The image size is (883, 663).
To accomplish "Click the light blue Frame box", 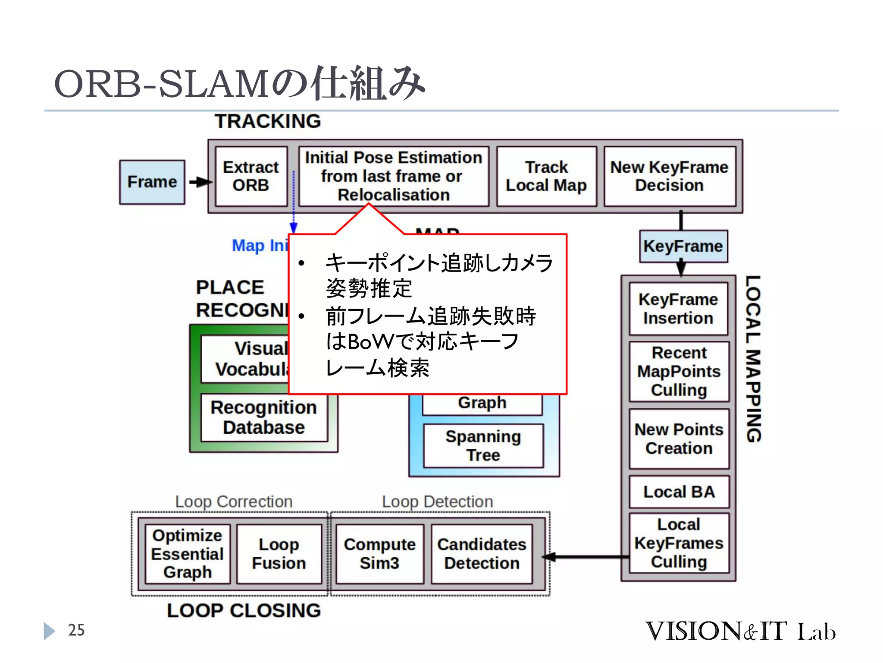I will pos(152,182).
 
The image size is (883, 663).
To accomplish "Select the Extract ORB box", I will pos(251,176).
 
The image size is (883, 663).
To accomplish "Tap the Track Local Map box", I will pos(546,176).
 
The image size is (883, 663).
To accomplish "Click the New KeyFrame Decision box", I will pos(669,176).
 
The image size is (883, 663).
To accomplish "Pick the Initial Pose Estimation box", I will pos(393,176).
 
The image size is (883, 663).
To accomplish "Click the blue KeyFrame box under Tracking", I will pos(683,246).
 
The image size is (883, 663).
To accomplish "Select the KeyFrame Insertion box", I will pos(678,309).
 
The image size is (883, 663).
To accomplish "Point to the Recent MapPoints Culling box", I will pos(679,371).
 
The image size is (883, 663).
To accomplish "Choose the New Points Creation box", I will pos(679,439).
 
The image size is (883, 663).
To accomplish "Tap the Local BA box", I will pos(679,492).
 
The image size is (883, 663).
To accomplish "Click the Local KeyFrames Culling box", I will pos(679,543).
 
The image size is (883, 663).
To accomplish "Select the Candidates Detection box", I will pos(482,554).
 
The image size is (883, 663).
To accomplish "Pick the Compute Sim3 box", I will pos(379,554).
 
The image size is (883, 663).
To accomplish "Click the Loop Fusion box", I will pos(279,554).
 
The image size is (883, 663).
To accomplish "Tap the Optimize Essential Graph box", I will pos(187,554).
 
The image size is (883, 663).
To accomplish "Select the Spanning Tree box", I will pos(483,445).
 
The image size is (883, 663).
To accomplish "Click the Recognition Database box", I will pos(264,417).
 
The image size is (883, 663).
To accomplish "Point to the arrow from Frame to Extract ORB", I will pos(200,182).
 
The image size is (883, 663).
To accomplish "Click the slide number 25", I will pos(76,630).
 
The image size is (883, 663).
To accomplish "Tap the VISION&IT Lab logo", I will pos(740,631).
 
